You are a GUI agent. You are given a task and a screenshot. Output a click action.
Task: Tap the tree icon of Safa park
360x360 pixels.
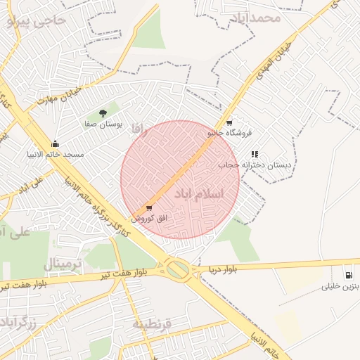coord(103,112)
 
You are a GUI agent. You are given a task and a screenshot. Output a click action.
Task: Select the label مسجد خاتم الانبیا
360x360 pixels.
coord(56,154)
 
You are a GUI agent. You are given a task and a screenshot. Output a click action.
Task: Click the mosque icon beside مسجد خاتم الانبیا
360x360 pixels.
coord(56,144)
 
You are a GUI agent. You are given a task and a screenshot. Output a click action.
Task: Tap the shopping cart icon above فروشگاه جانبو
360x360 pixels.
coord(229,122)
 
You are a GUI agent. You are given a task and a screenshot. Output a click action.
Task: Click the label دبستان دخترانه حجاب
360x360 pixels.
coord(254,165)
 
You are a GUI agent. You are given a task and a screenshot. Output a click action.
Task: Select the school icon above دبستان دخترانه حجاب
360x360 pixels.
coord(255,154)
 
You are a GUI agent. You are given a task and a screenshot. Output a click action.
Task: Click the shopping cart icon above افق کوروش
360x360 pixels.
coord(148,208)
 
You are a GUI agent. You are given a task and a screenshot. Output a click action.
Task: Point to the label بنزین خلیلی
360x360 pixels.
coord(341,286)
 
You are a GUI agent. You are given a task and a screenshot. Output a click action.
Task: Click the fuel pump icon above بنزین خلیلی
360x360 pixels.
coord(348,275)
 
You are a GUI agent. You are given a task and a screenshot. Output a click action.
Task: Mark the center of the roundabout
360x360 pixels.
coord(178,269)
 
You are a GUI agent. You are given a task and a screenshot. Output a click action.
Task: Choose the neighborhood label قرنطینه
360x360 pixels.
coord(152,324)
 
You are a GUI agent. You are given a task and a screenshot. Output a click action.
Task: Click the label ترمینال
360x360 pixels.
coord(63,264)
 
